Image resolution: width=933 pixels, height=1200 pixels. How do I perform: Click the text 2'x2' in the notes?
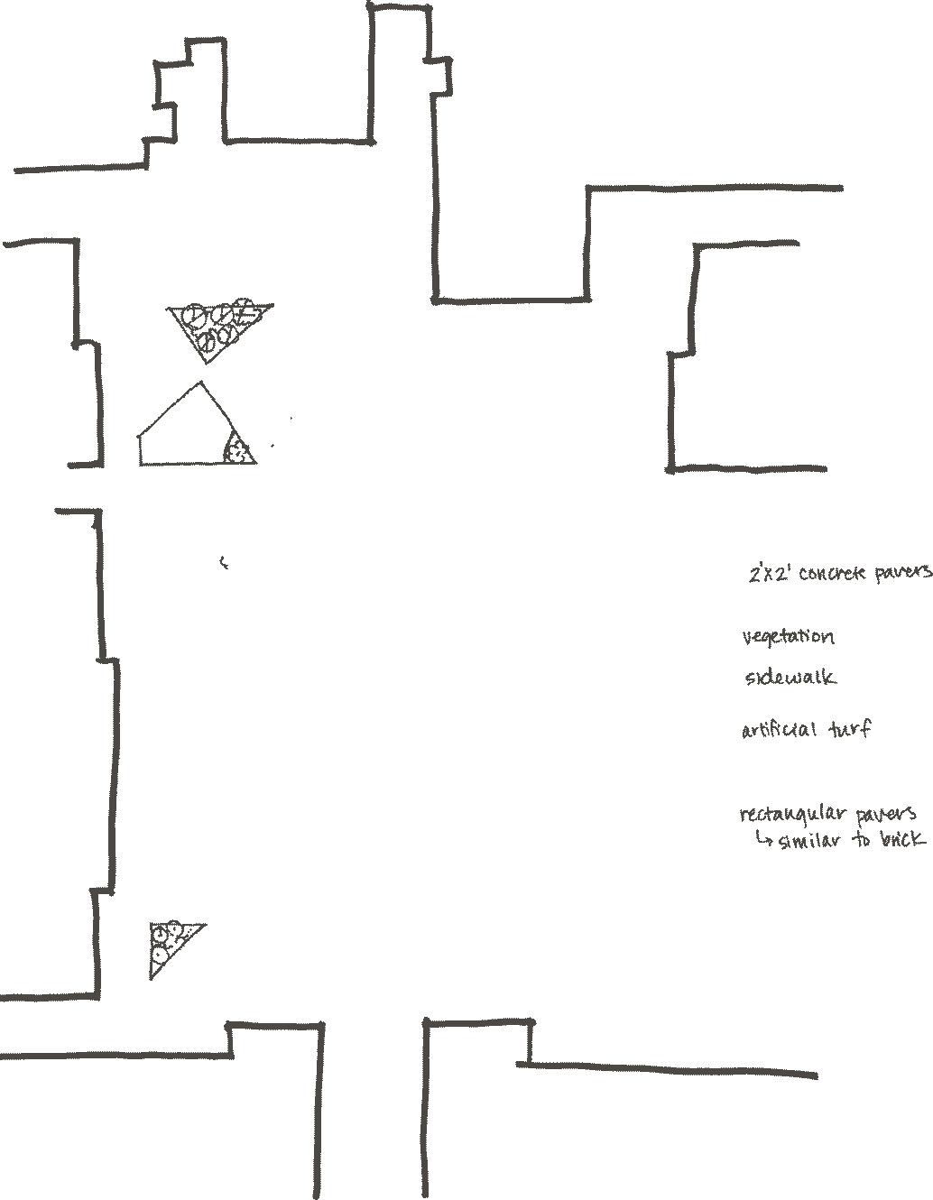tap(768, 574)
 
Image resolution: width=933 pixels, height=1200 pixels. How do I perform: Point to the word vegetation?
tap(788, 638)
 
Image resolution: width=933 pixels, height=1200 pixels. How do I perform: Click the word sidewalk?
tap(790, 678)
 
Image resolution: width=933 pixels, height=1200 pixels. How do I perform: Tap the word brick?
tap(901, 840)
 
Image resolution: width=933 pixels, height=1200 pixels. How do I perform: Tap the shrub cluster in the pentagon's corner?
tap(239, 450)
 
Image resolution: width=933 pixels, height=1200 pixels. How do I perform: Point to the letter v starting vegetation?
tap(747, 638)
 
